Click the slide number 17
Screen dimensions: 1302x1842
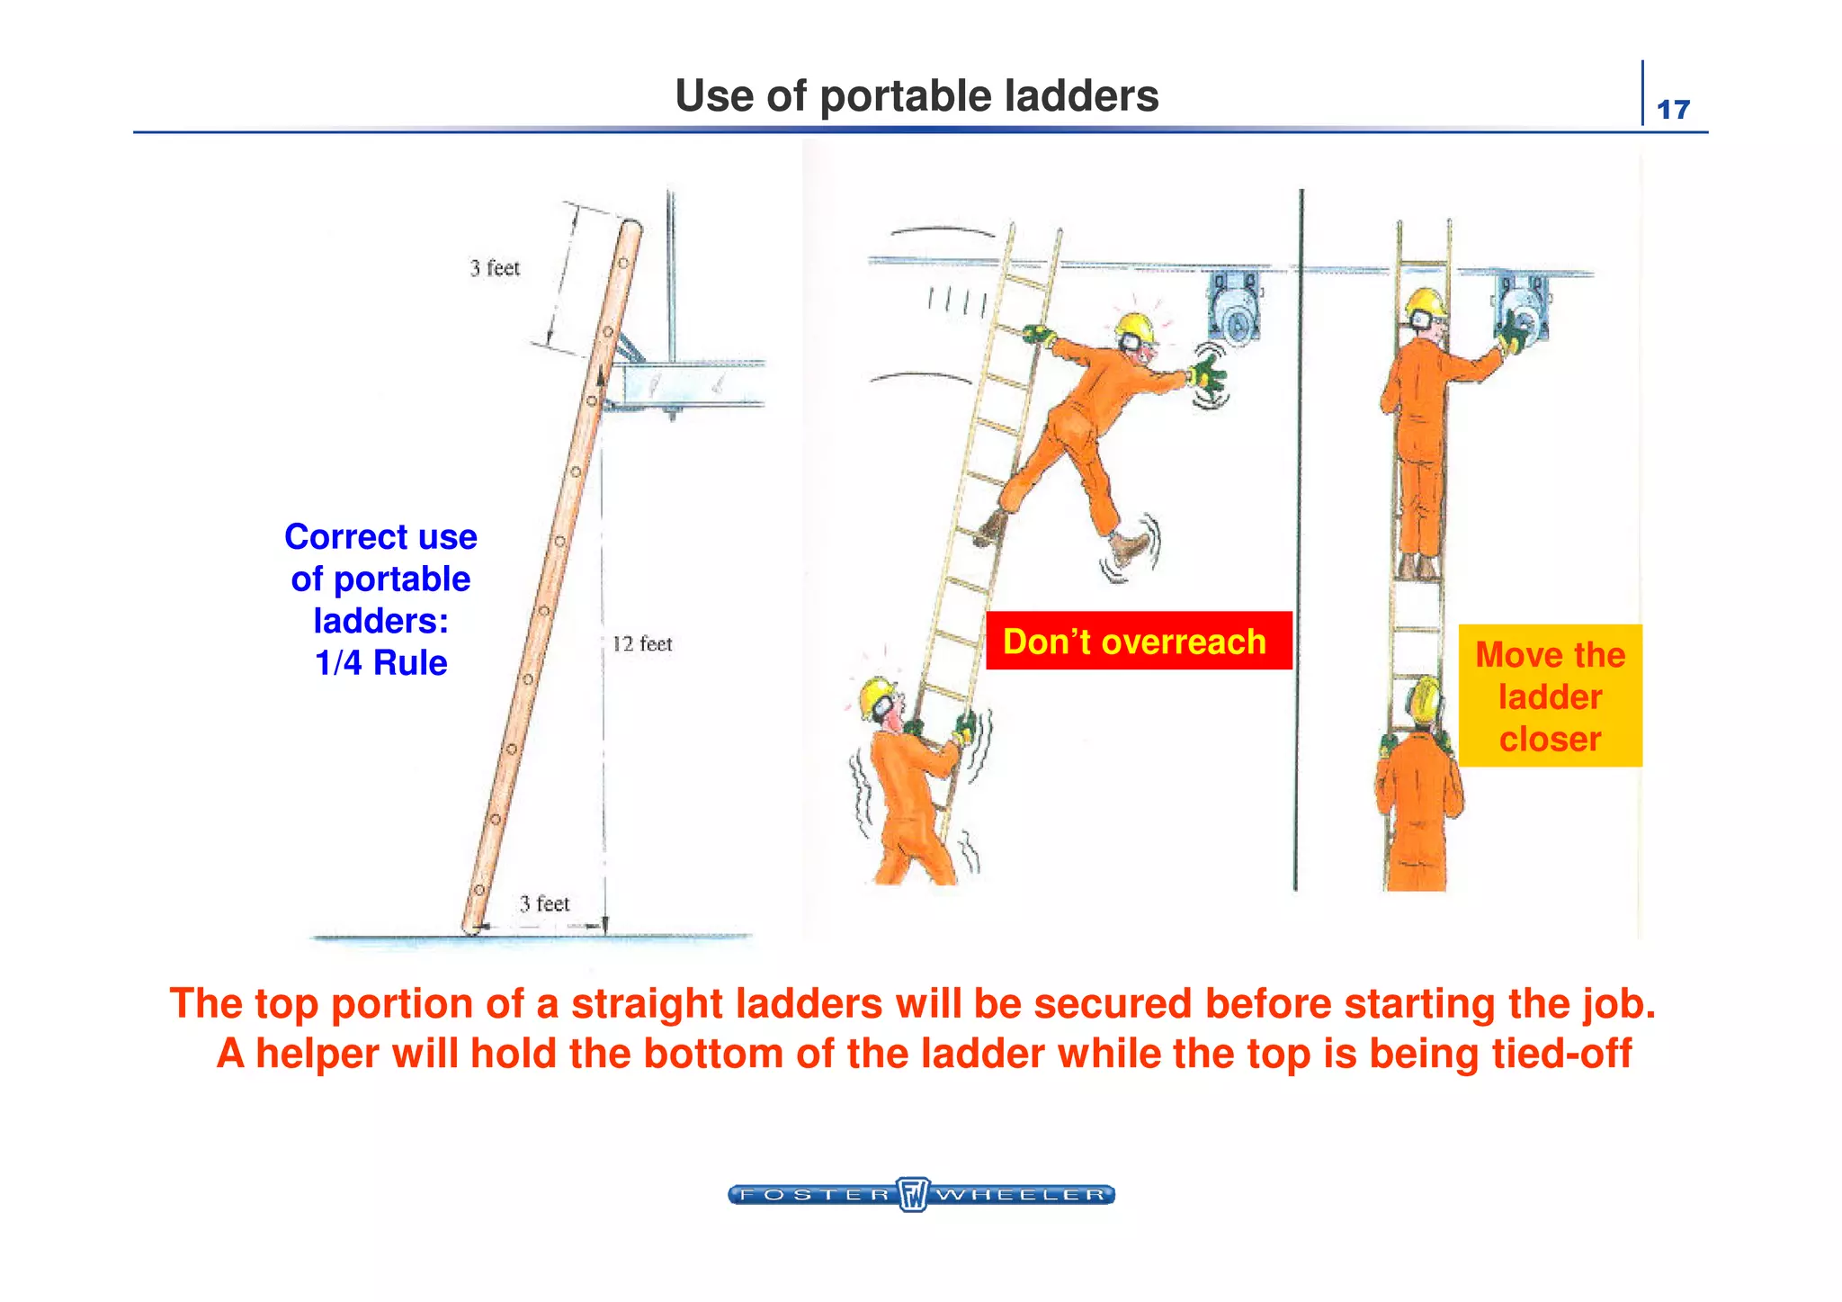(1673, 110)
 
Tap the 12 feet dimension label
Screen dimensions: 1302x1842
(641, 644)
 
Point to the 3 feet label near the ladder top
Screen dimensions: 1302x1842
(495, 268)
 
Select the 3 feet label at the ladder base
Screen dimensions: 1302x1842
(544, 903)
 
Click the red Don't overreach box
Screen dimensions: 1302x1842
(1138, 641)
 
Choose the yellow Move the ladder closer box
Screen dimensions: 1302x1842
(1550, 696)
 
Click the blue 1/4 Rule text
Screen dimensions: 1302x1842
(380, 663)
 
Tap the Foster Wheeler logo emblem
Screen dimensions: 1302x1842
(913, 1194)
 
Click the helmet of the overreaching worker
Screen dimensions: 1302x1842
(1134, 328)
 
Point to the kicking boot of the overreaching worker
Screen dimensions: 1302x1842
(1128, 545)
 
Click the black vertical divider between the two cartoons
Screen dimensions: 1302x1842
(1298, 540)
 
